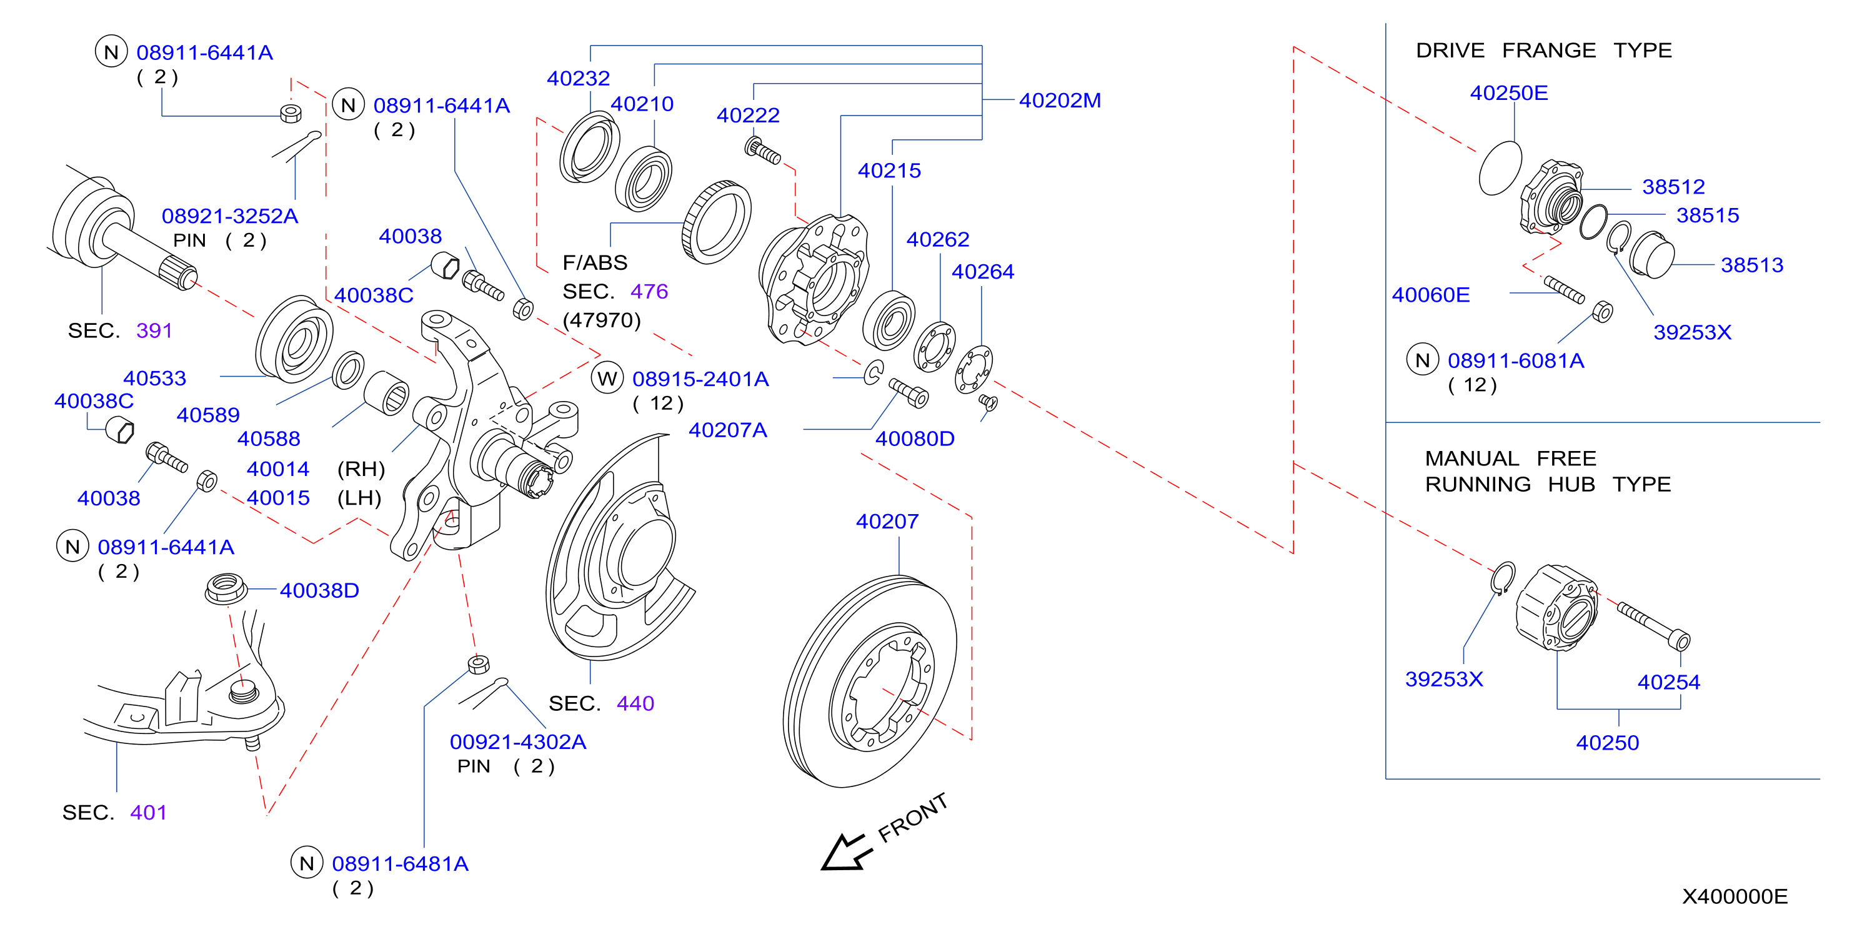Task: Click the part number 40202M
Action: [x=1060, y=101]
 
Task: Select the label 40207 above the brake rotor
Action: [x=887, y=522]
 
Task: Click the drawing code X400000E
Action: [x=1735, y=896]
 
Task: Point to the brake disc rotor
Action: [x=870, y=682]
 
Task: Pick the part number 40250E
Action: [x=1509, y=94]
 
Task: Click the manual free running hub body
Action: [x=1557, y=607]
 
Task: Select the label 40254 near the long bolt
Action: [x=1668, y=682]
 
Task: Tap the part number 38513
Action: [x=1752, y=265]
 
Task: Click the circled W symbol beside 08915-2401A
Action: [x=607, y=379]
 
